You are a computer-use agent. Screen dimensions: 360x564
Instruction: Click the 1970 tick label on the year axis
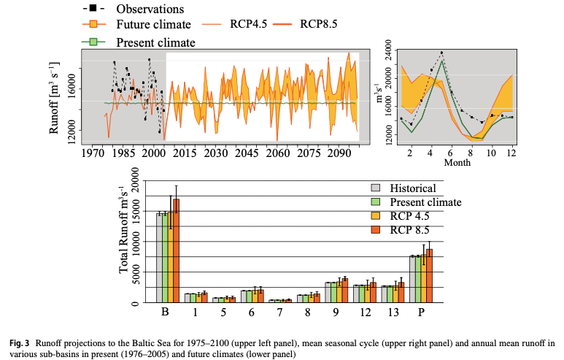(x=93, y=154)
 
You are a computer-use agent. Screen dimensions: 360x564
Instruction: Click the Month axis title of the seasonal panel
(x=458, y=164)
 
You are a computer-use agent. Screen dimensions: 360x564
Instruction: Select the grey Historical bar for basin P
(x=412, y=279)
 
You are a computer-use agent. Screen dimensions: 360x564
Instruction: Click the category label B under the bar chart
(x=165, y=313)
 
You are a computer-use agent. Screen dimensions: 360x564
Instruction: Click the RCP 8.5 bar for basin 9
(x=344, y=290)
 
